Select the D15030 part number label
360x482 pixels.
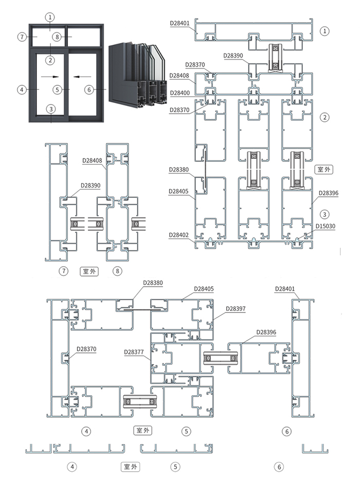click(325, 226)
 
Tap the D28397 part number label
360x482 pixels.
click(236, 309)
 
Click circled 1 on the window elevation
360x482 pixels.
click(50, 17)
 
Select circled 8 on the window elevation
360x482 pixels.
click(57, 36)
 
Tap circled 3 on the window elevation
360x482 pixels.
click(50, 108)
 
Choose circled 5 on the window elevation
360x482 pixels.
click(59, 90)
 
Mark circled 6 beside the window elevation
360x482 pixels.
click(88, 90)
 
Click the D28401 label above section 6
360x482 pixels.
click(285, 289)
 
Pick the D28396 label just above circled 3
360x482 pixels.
click(329, 193)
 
